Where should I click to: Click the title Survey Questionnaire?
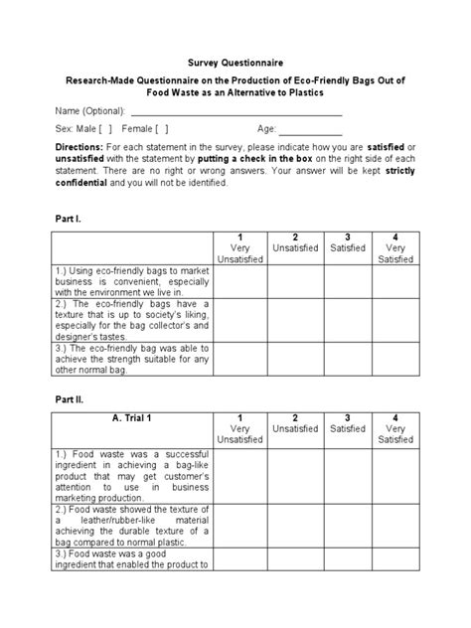[235, 62]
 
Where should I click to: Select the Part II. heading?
[68, 395]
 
